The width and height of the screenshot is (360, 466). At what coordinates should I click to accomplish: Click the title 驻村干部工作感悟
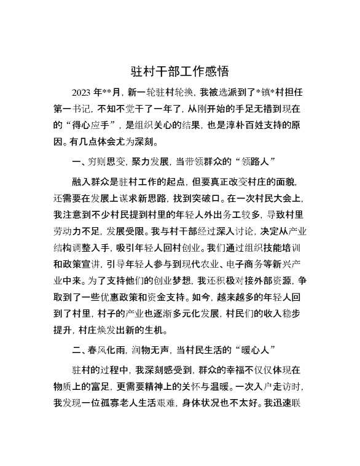[x=180, y=72]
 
